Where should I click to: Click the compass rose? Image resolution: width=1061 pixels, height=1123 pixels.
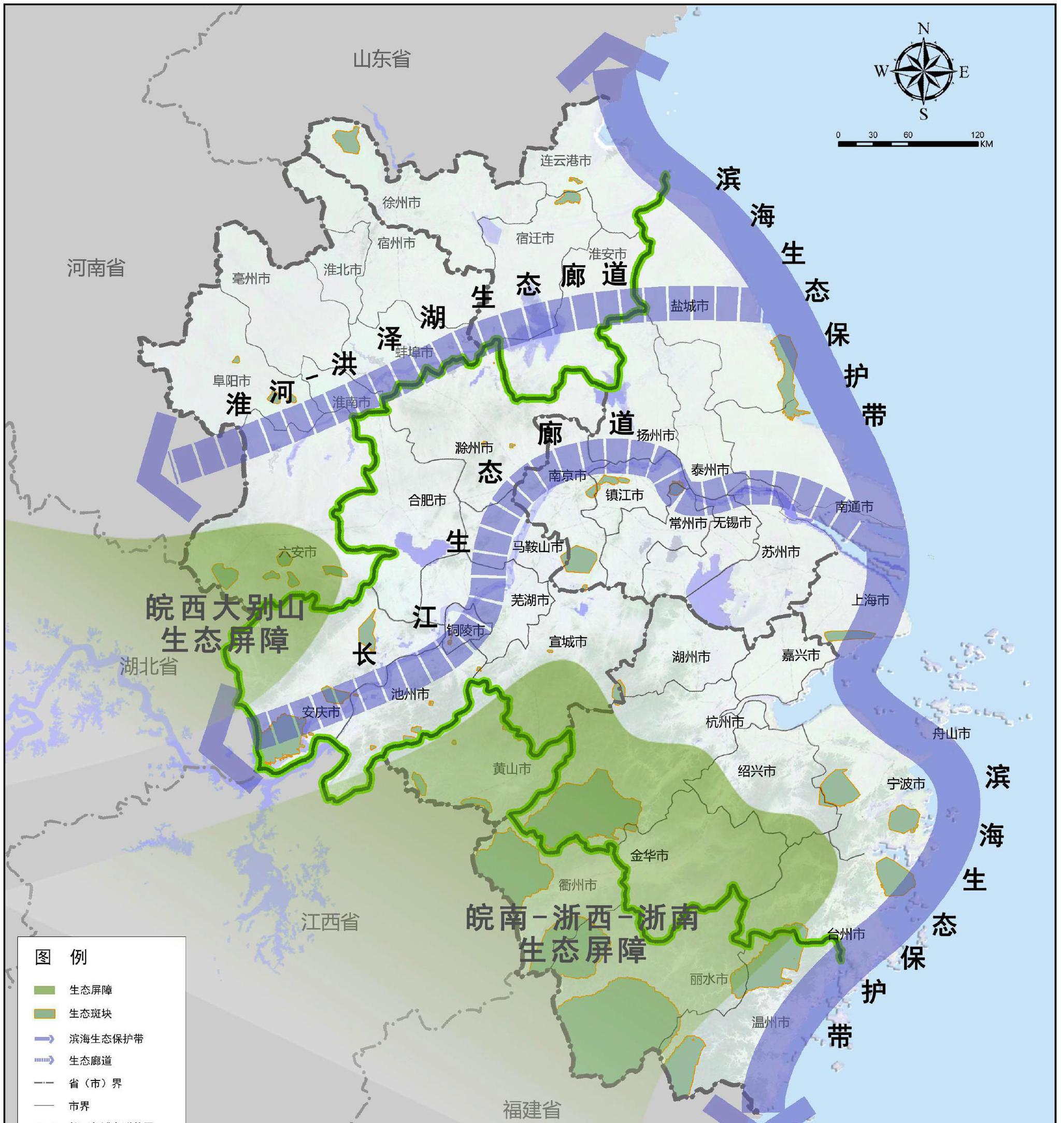click(x=923, y=72)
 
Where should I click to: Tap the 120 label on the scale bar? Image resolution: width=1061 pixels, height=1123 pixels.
click(x=977, y=135)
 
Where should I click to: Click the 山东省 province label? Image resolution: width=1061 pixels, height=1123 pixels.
click(x=382, y=59)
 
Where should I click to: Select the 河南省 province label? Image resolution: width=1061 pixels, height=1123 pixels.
click(x=96, y=267)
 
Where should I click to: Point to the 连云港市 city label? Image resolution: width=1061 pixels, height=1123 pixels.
click(x=565, y=161)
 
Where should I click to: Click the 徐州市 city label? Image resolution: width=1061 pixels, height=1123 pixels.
click(x=402, y=202)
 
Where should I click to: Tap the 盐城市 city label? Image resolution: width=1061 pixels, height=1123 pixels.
click(x=690, y=306)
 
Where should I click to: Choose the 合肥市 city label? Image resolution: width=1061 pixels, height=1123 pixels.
click(x=427, y=500)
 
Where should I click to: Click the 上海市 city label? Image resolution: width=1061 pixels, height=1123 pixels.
click(x=870, y=600)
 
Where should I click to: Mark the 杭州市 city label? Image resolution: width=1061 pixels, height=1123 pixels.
click(x=724, y=722)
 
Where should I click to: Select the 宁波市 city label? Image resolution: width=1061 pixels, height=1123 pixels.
click(x=906, y=783)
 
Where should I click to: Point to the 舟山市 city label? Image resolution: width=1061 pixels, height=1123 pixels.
click(x=951, y=733)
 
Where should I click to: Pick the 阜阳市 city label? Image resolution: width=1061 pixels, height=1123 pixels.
click(x=231, y=381)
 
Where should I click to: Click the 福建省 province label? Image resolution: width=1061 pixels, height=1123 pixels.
click(x=532, y=1110)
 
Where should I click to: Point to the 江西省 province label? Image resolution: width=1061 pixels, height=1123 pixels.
click(x=329, y=922)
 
